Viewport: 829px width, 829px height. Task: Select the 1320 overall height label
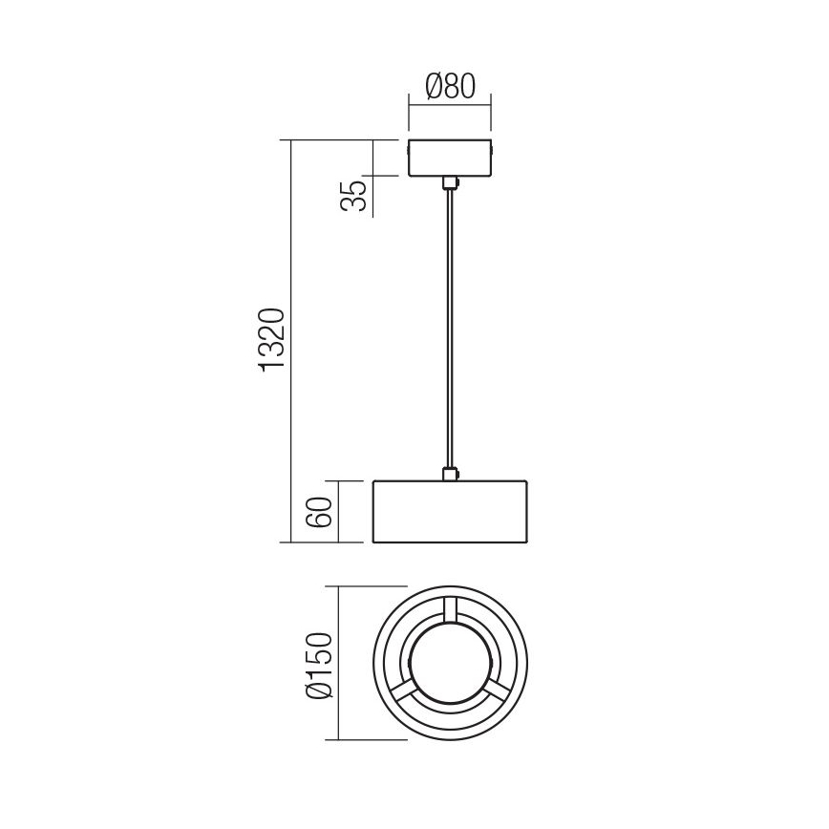point(272,339)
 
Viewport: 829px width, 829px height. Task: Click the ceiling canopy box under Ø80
point(449,159)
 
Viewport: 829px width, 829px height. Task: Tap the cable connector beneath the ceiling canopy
point(449,183)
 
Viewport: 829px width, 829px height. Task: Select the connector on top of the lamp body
point(449,473)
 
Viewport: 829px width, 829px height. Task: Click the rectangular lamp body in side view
point(449,512)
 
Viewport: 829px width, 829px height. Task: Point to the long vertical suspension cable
point(449,329)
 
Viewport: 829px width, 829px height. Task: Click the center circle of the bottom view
point(449,664)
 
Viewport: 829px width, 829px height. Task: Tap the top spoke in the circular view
point(449,610)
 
